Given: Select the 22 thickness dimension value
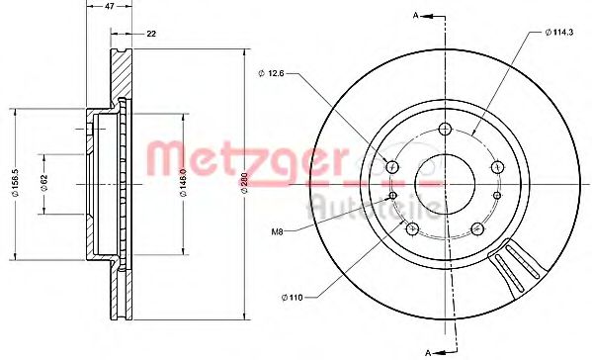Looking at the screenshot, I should (151, 35).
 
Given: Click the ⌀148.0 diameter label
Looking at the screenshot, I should (183, 179).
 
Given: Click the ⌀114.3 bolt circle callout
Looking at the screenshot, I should (560, 34).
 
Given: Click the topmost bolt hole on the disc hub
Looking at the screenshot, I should (445, 129).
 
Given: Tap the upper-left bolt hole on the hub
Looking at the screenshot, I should (392, 166).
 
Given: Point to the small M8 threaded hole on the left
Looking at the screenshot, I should (394, 194).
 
